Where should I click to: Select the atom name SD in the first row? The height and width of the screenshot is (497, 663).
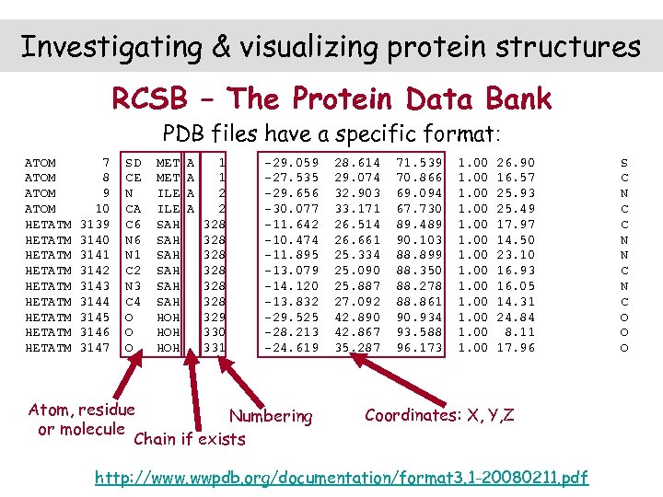click(x=133, y=162)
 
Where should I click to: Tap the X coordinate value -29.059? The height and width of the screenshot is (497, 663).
click(x=291, y=162)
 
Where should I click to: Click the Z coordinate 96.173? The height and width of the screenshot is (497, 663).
click(x=420, y=348)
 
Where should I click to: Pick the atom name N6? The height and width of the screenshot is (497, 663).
click(x=133, y=239)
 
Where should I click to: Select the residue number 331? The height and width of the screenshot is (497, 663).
click(x=214, y=348)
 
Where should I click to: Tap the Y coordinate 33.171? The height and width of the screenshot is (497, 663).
click(x=355, y=208)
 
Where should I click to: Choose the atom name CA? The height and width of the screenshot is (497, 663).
click(x=133, y=208)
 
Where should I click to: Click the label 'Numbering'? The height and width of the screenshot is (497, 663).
click(x=270, y=416)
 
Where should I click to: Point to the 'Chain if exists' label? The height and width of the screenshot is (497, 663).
click(x=190, y=439)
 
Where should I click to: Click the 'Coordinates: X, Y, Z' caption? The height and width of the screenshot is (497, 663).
click(x=439, y=414)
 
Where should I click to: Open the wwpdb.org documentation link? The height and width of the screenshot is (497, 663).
click(x=342, y=477)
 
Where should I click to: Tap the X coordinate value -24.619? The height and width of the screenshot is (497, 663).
click(x=291, y=348)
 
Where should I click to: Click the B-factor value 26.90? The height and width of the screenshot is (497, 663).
click(x=516, y=162)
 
